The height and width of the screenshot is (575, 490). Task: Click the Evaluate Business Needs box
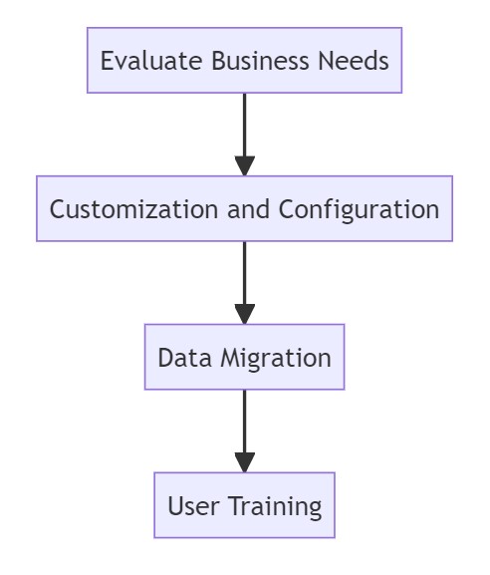[244, 60]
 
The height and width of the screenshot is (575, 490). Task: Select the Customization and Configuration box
[244, 208]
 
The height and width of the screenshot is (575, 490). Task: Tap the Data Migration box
[244, 357]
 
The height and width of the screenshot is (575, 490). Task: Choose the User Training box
[244, 505]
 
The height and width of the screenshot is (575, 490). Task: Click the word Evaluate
[151, 61]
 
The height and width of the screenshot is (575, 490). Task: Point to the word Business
[260, 61]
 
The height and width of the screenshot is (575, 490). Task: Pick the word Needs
[354, 61]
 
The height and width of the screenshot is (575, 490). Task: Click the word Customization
[133, 209]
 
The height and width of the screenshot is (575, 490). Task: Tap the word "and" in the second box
[248, 209]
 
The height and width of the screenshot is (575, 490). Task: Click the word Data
[184, 358]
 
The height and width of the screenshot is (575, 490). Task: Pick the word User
[193, 506]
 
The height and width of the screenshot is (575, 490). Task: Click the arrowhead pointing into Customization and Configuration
[245, 165]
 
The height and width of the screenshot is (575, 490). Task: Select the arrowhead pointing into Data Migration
[245, 314]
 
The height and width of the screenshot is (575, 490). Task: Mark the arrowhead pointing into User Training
[245, 462]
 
